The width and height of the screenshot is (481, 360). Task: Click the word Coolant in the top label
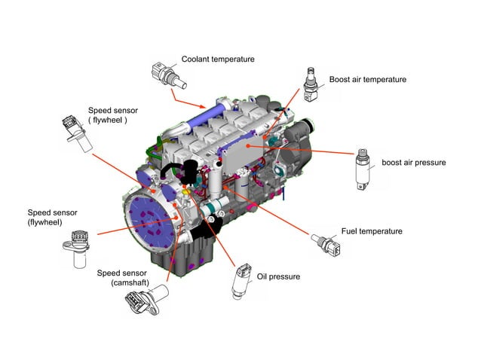(198, 59)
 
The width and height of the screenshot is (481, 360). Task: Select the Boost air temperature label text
(367, 79)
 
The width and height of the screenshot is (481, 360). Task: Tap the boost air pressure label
(413, 162)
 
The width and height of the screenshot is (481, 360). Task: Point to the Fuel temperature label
(372, 231)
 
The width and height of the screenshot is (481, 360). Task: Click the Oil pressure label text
(278, 276)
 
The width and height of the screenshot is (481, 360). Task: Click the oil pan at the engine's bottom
(185, 256)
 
